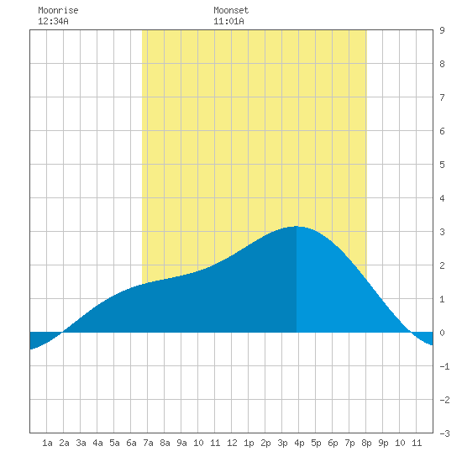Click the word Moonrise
tap(58, 11)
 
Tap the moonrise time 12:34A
tap(53, 21)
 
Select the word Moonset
tap(231, 11)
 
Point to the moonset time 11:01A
tap(229, 21)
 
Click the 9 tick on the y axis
tap(442, 30)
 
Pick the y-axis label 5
tap(442, 165)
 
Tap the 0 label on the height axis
tap(442, 333)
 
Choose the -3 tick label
tap(444, 433)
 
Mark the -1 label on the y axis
tap(444, 366)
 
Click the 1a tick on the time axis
tap(47, 443)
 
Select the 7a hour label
tap(148, 443)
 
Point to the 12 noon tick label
tap(232, 443)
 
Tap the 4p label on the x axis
tap(299, 443)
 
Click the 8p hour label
tap(366, 443)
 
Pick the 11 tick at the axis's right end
tap(417, 443)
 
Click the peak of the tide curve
tap(297, 226)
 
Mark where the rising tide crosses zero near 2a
tap(63, 333)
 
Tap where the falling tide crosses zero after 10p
tap(411, 333)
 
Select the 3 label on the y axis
tap(442, 232)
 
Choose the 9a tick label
tap(181, 443)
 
